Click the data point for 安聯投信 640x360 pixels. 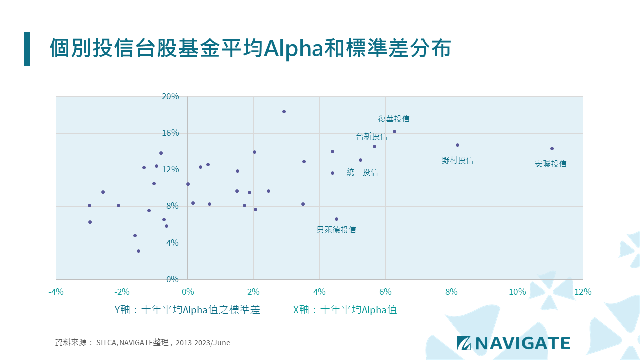tap(552, 148)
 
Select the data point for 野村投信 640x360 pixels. tap(457, 145)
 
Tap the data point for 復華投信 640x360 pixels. tap(394, 131)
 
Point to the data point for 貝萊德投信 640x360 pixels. tap(336, 219)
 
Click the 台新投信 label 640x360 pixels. tap(371, 136)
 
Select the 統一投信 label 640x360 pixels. tap(362, 172)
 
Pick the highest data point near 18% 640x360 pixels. tap(284, 111)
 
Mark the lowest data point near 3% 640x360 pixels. tap(138, 251)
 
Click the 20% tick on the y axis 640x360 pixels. tap(170, 96)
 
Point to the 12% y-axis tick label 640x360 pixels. tap(170, 169)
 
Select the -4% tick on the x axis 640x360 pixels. tap(56, 292)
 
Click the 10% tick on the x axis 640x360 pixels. tap(517, 292)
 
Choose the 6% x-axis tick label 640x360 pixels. tap(385, 292)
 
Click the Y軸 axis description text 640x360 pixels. tap(187, 310)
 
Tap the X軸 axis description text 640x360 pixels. tap(345, 310)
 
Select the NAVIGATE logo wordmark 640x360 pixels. tap(523, 343)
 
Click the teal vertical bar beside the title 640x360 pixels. tap(27, 49)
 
